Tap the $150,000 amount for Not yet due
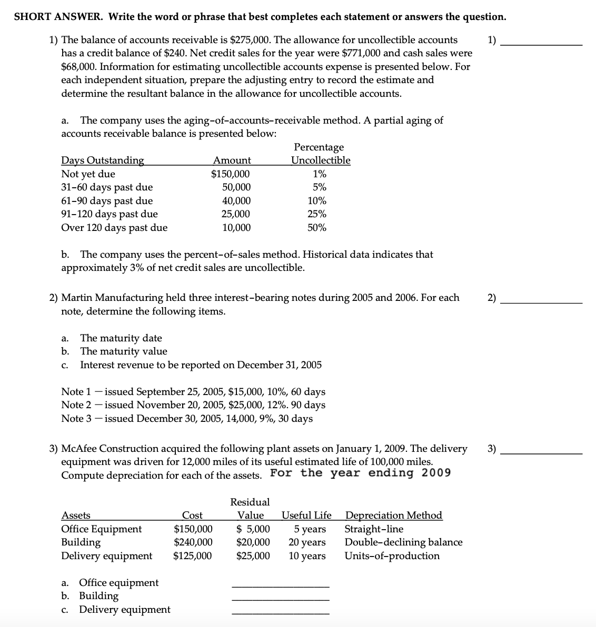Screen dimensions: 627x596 pyautogui.click(x=231, y=174)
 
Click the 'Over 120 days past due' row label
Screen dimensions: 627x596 pyautogui.click(x=114, y=228)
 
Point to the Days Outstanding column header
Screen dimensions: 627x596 pyautogui.click(x=103, y=160)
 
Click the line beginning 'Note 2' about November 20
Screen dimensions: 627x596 pyautogui.click(x=193, y=405)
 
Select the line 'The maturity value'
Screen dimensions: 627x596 pyautogui.click(x=123, y=351)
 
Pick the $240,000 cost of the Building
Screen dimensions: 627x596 pyautogui.click(x=193, y=542)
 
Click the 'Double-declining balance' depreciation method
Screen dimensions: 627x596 pyautogui.click(x=403, y=542)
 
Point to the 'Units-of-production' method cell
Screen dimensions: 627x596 pyautogui.click(x=392, y=556)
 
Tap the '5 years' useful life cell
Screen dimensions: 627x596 pyautogui.click(x=310, y=529)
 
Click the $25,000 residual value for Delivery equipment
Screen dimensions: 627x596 pyautogui.click(x=253, y=556)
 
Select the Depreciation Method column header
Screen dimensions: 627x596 pyautogui.click(x=393, y=515)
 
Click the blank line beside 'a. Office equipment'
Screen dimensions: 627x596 pyautogui.click(x=280, y=586)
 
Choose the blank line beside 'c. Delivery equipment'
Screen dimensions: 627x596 pyautogui.click(x=280, y=613)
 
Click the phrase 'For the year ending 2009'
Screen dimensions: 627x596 pyautogui.click(x=360, y=473)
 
